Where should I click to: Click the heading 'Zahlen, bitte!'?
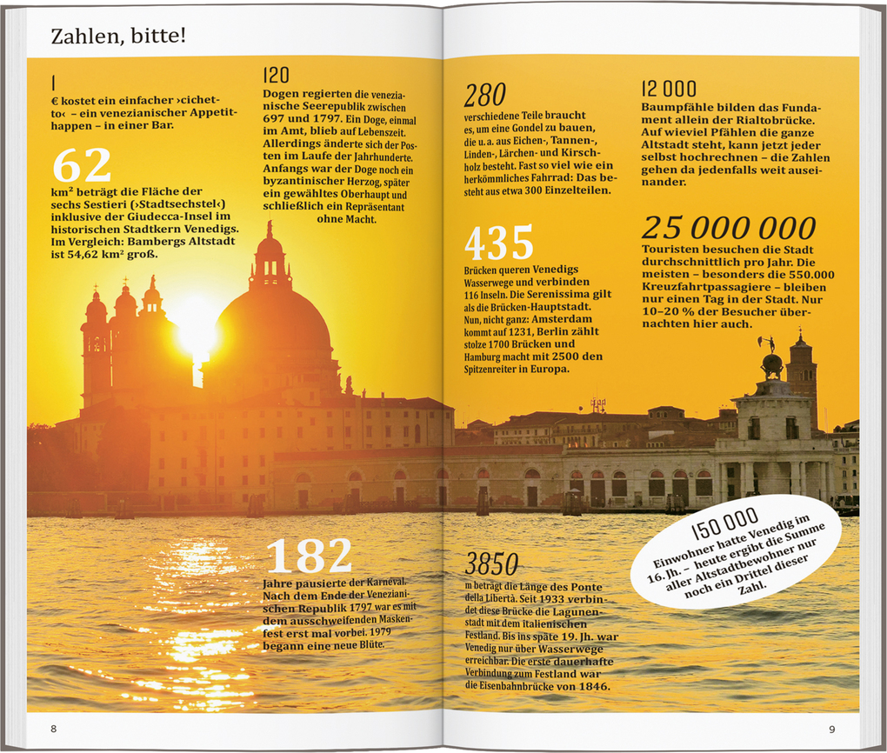click(118, 37)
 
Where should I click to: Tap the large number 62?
click(82, 166)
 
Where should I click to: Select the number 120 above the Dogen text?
click(277, 76)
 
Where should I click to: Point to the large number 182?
click(309, 556)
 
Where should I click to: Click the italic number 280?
click(484, 95)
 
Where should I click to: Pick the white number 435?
click(498, 243)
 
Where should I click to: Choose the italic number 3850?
click(491, 564)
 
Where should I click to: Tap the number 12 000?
click(669, 89)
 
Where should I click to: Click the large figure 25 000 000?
click(729, 228)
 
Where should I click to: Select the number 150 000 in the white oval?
click(724, 524)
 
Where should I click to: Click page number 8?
click(53, 728)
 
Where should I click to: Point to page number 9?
click(831, 729)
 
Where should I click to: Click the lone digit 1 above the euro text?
click(53, 83)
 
